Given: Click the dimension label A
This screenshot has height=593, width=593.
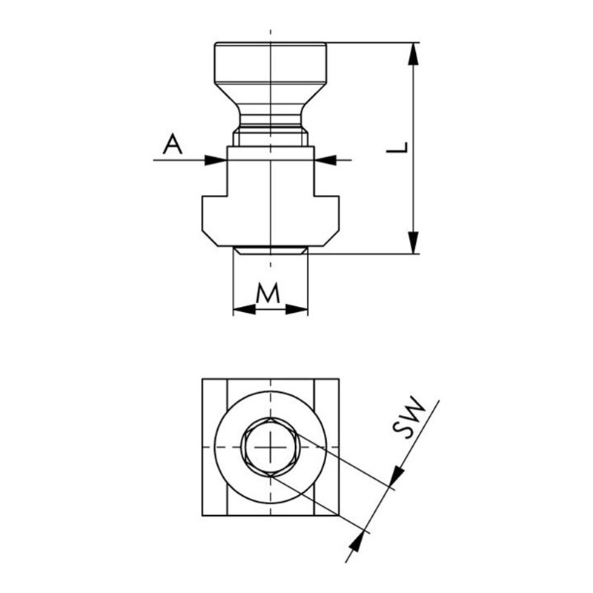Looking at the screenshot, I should pos(172,144).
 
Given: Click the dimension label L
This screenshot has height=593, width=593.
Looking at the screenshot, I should pos(398,148).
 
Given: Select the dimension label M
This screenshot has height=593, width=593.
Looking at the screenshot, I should pos(268,294).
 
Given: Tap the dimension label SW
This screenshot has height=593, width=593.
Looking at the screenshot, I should pos(409,420).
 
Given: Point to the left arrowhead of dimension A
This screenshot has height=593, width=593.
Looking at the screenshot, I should pos(216,159).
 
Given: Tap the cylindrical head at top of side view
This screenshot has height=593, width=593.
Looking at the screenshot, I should pos(270,65).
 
